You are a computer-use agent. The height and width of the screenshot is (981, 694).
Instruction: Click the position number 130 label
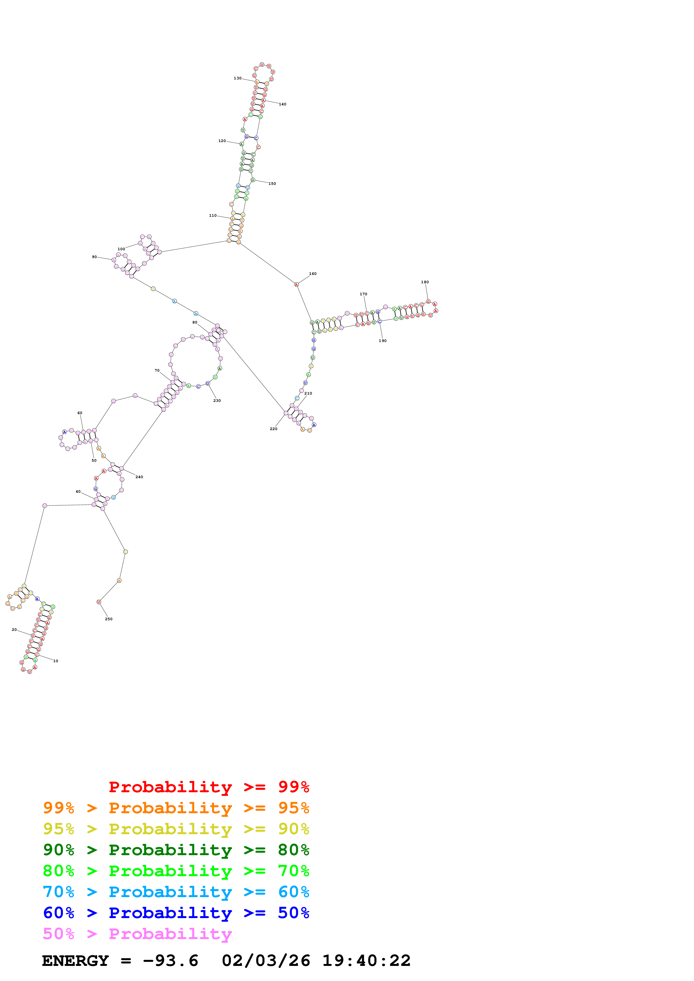point(237,78)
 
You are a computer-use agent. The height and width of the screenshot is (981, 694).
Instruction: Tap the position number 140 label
point(283,104)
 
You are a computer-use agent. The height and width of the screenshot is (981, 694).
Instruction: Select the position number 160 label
point(313,274)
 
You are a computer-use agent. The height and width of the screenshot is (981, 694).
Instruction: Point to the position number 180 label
point(425,282)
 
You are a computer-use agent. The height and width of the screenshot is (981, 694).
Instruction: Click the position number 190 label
point(382,341)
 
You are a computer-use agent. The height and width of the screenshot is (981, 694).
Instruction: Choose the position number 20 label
point(14,630)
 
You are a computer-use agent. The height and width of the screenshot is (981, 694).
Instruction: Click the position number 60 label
point(80,413)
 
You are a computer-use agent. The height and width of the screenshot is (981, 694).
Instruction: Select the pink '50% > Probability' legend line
point(137,934)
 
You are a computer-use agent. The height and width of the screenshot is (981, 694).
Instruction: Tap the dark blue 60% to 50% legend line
point(176,913)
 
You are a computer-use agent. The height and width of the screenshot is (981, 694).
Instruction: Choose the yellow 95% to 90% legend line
point(176,829)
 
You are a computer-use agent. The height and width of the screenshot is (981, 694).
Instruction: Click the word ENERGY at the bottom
point(75,961)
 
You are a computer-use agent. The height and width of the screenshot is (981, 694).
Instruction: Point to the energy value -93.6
point(170,961)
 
